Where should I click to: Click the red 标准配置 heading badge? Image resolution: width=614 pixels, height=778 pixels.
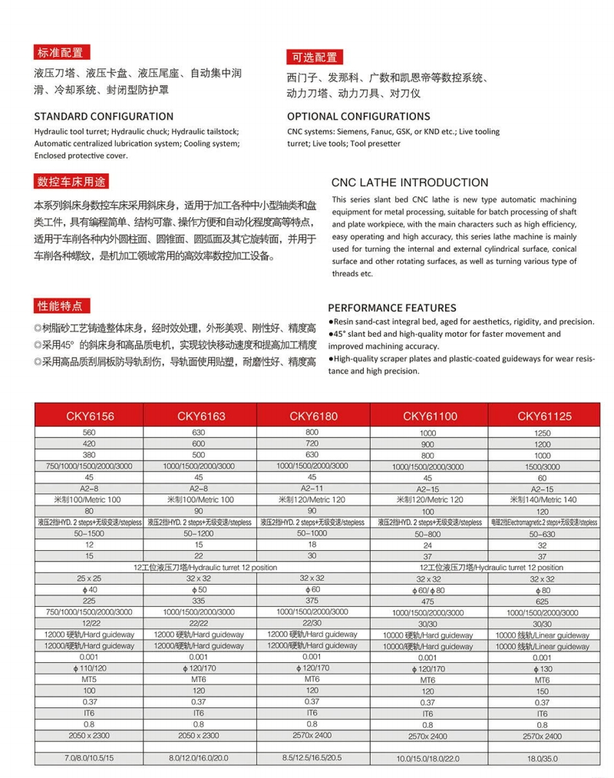click(63, 53)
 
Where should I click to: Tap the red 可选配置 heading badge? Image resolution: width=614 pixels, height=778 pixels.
click(315, 57)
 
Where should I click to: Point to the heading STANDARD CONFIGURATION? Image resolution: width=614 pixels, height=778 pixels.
click(104, 117)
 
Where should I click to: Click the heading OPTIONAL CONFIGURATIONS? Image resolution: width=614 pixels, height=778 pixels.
click(358, 117)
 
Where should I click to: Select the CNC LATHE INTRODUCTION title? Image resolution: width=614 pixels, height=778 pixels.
click(410, 183)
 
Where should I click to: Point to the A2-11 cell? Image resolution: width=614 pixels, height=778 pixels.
click(313, 487)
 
